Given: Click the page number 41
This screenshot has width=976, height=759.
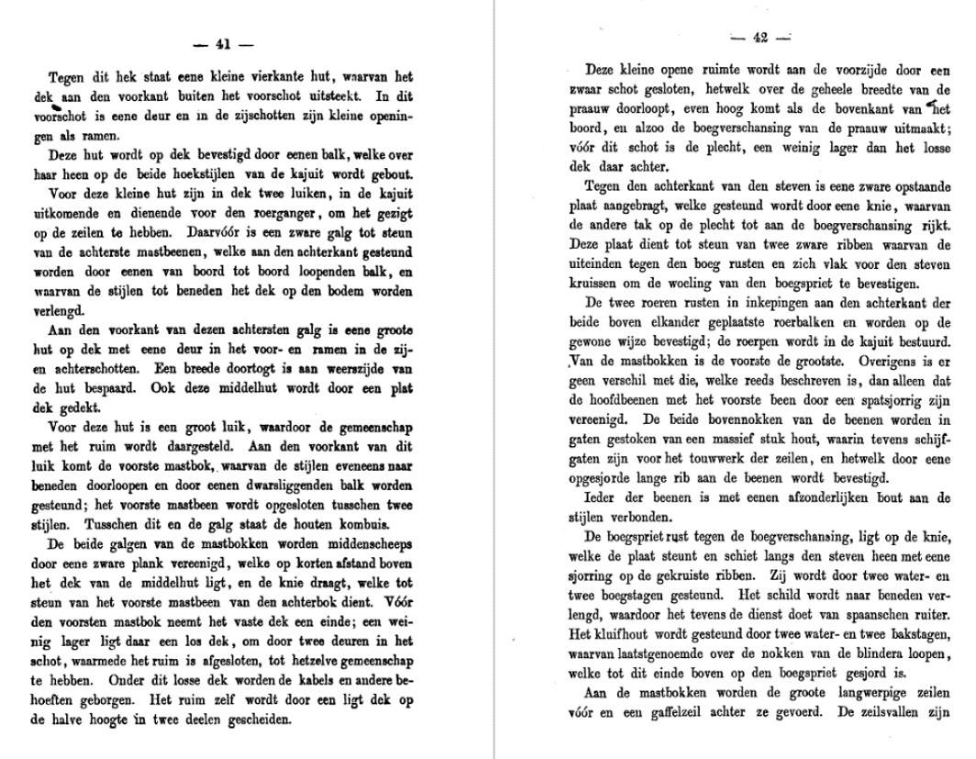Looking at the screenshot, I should click(221, 43).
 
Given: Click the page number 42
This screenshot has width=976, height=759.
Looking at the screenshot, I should click(759, 38).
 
